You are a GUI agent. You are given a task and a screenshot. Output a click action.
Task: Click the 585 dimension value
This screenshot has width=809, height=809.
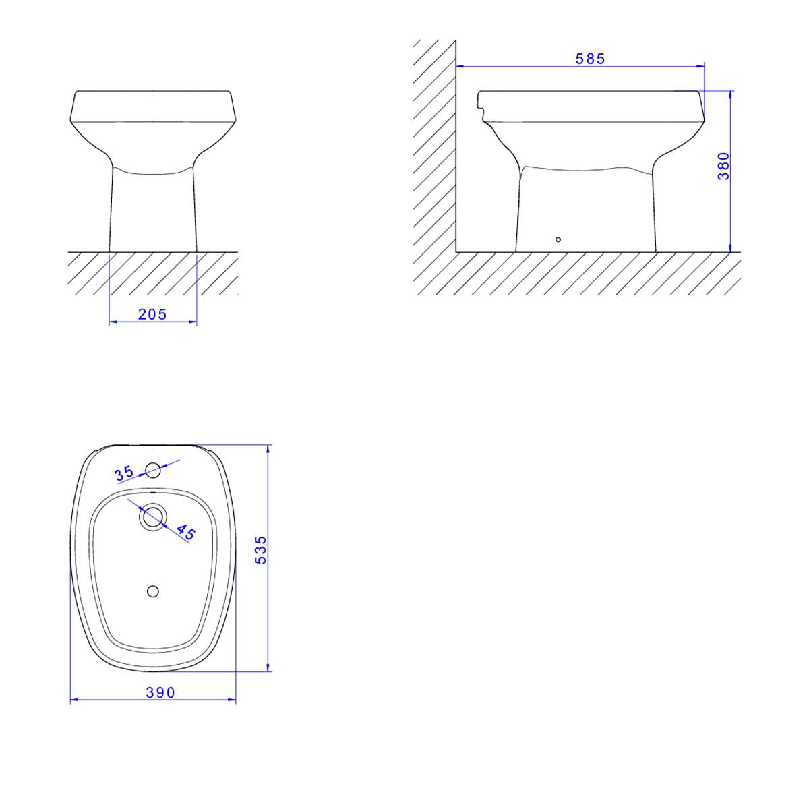pos(590,59)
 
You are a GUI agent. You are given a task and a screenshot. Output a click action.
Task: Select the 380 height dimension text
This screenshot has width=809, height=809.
pos(724,167)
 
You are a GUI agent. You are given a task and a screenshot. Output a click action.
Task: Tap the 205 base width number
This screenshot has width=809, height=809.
pos(152,314)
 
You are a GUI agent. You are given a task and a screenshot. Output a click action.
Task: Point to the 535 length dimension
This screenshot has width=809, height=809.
pos(261,549)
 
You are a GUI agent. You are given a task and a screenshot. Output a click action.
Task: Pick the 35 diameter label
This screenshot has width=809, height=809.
pos(124,473)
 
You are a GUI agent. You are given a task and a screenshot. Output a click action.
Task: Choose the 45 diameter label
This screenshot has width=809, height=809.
pos(185,532)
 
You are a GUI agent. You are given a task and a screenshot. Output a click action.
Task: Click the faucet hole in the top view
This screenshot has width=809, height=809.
pos(153,470)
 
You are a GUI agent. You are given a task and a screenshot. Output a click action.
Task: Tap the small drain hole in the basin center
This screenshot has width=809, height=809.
pos(153,591)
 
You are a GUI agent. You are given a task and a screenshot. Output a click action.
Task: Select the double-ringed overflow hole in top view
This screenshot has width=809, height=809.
pos(153,516)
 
